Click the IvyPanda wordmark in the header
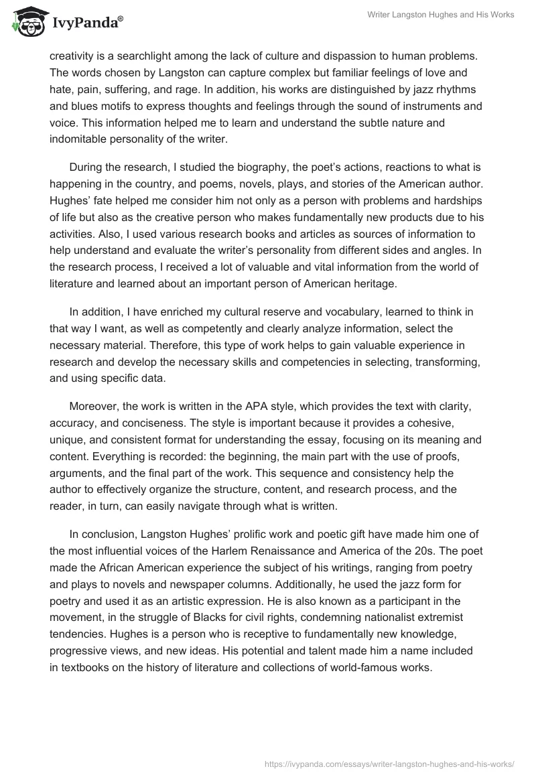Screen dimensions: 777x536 [x=87, y=23]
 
